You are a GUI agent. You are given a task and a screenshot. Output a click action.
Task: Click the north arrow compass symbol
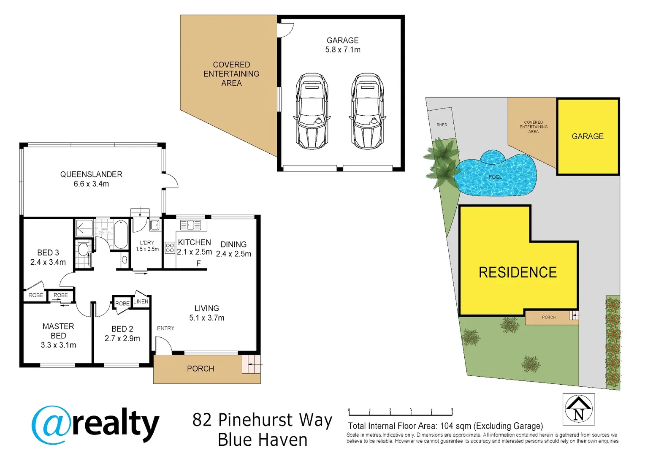578,409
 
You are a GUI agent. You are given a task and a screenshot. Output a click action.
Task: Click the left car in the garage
312,111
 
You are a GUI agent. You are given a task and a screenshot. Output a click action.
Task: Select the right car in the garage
367,111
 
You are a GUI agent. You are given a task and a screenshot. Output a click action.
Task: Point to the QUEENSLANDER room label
91,174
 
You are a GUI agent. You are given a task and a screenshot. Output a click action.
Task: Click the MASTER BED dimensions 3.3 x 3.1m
58,345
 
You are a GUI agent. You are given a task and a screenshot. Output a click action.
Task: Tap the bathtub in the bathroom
120,234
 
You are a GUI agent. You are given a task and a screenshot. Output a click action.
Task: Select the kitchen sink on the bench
190,225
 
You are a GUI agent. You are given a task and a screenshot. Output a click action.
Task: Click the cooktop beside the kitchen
170,248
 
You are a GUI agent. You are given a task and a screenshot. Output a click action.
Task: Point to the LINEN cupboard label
141,301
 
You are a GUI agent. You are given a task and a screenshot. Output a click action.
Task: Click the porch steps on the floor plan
251,364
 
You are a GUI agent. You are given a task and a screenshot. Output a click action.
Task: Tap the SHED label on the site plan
442,125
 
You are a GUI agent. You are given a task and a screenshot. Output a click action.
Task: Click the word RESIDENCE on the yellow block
518,273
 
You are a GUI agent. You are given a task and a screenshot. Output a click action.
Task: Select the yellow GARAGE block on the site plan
588,136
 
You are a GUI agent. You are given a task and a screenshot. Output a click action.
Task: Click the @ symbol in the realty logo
51,425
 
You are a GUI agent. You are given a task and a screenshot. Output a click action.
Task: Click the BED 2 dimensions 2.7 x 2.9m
122,338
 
